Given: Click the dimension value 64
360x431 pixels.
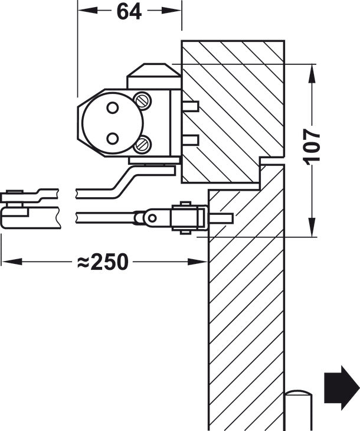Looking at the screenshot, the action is (x=129, y=11).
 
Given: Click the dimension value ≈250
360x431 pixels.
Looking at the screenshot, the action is (x=103, y=262).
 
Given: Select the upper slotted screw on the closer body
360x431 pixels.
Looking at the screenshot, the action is (x=142, y=100).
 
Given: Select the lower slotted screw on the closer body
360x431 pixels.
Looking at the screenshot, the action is (x=142, y=144).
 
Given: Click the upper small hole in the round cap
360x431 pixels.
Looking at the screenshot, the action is (x=113, y=107).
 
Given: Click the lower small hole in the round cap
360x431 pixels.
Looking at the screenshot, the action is (x=113, y=138).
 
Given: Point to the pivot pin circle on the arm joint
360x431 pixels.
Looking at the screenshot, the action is (x=152, y=218).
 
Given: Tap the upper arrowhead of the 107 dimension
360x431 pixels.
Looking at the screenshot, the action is (x=312, y=73).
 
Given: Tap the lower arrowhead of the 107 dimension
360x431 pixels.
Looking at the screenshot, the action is (x=312, y=227).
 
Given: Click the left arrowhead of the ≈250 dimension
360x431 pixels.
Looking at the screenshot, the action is (x=12, y=262).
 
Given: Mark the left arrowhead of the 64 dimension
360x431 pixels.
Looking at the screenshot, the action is (x=88, y=11).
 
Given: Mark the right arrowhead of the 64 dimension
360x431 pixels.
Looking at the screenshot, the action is (x=172, y=11).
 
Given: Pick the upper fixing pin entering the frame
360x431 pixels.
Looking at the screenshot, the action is (x=190, y=106).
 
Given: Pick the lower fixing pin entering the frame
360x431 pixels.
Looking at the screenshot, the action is (x=190, y=140).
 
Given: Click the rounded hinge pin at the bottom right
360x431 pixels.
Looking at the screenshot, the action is (x=298, y=410).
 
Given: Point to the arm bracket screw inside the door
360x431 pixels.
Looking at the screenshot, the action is (x=221, y=218).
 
